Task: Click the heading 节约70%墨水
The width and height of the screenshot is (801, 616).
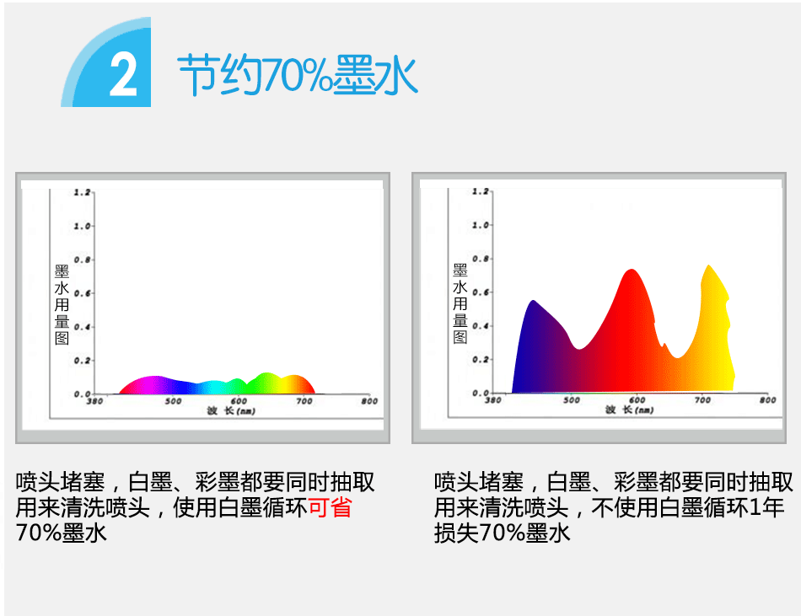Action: coord(298,75)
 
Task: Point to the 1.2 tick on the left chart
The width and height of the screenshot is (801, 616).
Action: coord(82,192)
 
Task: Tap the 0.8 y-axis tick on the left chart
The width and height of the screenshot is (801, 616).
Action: coord(82,260)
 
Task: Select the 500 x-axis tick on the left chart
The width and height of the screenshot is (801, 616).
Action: coord(173,401)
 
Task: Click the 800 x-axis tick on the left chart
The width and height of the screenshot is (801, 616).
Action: coord(369,401)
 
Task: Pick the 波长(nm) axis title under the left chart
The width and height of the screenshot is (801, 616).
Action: coord(231,411)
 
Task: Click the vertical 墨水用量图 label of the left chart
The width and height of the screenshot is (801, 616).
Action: coord(62,305)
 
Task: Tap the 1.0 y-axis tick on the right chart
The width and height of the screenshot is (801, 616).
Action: coord(481,224)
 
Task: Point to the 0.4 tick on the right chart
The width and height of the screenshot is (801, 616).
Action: coord(481,325)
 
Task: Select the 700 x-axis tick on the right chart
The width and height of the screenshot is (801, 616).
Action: coord(702,400)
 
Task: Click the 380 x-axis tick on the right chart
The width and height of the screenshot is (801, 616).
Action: coord(493,400)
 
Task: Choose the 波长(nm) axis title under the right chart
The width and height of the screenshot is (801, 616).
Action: coord(629,410)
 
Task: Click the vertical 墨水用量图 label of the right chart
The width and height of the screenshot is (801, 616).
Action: coord(460,303)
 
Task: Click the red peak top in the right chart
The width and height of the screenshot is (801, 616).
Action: coord(632,271)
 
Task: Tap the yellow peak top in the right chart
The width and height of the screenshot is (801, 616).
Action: coord(708,266)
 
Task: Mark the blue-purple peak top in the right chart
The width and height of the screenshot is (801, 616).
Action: coord(534,302)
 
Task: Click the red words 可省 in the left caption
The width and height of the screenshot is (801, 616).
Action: coord(330,507)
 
